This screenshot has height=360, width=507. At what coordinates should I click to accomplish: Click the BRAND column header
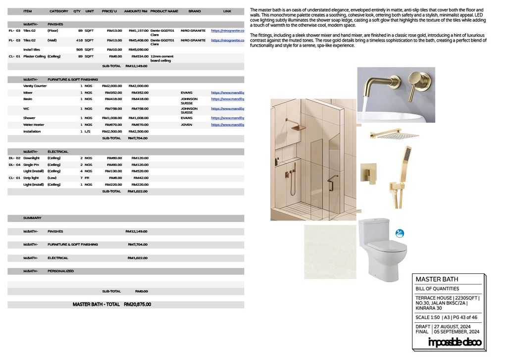point(195,11)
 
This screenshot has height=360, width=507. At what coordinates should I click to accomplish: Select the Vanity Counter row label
point(35,86)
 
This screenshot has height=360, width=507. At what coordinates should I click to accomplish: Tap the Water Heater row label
point(34,125)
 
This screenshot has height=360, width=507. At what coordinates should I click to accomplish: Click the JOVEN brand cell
point(187,125)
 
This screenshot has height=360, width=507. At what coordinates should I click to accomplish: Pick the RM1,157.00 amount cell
point(138,31)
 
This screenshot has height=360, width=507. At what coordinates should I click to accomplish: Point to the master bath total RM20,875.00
point(138,305)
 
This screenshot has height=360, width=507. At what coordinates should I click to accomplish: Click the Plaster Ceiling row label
point(34,56)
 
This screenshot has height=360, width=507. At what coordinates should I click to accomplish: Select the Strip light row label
point(31,178)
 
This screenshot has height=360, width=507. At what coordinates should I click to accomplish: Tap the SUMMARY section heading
point(32,218)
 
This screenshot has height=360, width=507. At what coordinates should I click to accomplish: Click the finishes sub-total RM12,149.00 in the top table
point(136,66)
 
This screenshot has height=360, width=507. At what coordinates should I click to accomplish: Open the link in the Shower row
point(228,118)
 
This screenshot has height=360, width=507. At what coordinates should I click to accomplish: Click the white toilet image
point(382,249)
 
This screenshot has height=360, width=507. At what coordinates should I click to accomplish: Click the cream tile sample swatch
point(330,252)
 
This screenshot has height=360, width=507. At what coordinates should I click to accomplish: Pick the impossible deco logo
point(454,342)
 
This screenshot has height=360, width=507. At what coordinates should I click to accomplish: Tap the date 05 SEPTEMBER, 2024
point(456,332)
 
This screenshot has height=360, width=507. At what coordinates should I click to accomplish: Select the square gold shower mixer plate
point(368,173)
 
